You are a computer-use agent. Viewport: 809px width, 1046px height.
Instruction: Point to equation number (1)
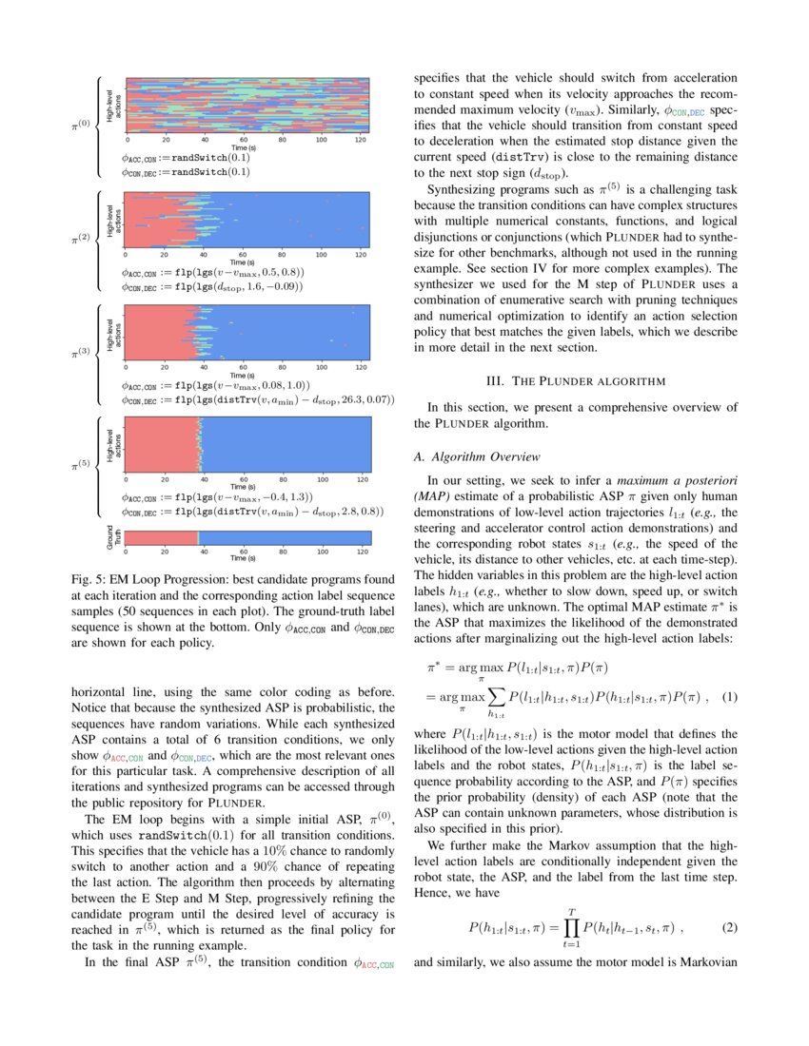(729, 697)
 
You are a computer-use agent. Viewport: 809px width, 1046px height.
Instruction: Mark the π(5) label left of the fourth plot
(83, 466)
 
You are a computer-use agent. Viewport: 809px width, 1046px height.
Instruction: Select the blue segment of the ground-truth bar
(286, 538)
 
